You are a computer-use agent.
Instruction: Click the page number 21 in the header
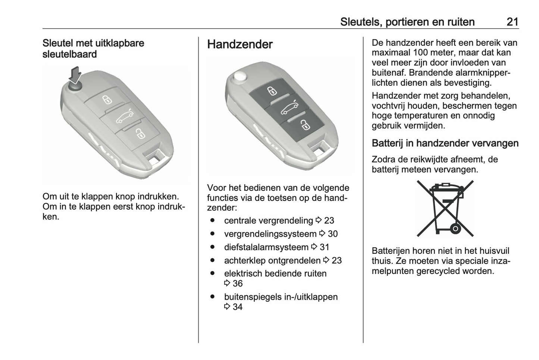coord(512,22)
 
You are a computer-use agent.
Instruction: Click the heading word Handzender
coord(239,44)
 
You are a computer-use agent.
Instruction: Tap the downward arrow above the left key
coord(76,75)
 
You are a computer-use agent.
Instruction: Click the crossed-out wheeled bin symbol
coord(445,209)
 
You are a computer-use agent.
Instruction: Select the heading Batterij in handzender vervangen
coord(445,143)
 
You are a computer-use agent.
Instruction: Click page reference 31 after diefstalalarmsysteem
coord(324,247)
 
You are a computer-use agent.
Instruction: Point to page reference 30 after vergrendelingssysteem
coord(332,234)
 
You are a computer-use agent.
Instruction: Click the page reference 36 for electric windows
coord(237,284)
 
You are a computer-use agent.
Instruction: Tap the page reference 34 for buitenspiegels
coord(237,307)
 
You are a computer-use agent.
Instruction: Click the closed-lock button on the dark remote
coord(272,91)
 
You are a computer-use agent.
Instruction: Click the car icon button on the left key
coord(124,117)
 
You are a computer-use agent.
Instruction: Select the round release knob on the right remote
coord(239,78)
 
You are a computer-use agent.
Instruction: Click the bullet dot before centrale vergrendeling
coord(212,221)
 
